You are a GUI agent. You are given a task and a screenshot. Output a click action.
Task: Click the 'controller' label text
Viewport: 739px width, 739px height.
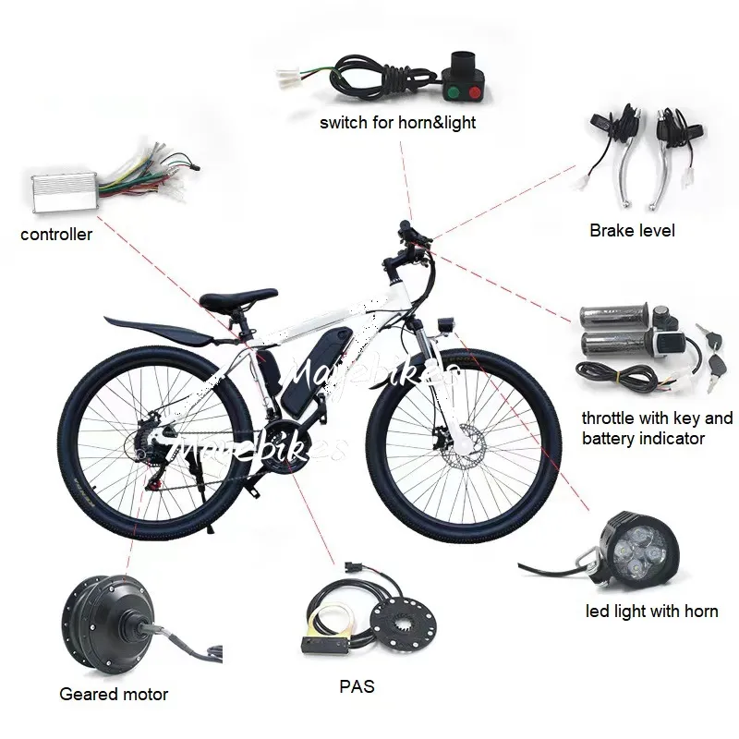[56, 235]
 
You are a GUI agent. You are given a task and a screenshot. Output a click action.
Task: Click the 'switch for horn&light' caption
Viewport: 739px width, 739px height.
[398, 122]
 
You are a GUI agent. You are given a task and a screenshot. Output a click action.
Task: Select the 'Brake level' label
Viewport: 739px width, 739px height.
[632, 230]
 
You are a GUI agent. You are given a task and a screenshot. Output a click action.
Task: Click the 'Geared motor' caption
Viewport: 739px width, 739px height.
[114, 694]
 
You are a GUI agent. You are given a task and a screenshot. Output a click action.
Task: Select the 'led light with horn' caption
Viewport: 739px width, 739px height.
[652, 611]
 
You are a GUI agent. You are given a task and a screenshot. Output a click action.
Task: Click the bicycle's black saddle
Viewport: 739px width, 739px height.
[237, 299]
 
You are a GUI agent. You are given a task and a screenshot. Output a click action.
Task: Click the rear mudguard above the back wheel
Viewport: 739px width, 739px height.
[157, 329]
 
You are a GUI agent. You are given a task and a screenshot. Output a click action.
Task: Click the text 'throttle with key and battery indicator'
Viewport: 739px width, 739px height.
[657, 428]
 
